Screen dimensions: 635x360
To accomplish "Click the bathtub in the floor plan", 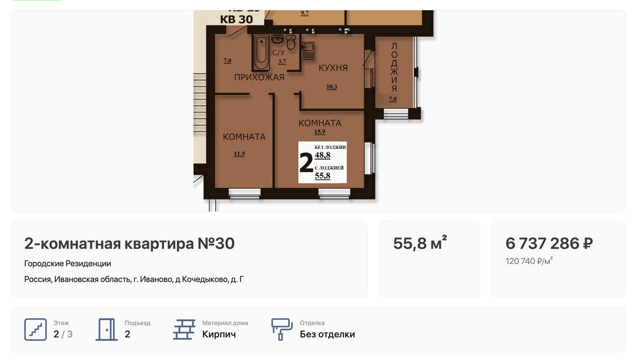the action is click(261, 52).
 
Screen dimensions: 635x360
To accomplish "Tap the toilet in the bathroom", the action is click(291, 42).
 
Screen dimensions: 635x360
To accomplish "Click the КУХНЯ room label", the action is click(333, 68).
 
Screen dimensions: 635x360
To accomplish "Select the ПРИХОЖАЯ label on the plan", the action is click(259, 77).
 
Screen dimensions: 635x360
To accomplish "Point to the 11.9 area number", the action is click(239, 154).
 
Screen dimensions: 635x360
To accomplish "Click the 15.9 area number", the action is click(319, 131).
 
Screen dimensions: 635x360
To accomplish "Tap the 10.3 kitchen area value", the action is click(332, 87).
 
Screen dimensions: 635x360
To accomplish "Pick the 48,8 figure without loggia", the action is click(322, 155).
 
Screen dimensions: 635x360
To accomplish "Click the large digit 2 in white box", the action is click(306, 163).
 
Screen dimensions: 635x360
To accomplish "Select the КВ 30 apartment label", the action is click(237, 19).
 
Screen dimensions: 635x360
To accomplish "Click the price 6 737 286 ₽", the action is click(549, 243).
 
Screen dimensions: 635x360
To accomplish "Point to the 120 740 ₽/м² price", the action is click(529, 261).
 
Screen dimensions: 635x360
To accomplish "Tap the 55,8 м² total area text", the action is click(420, 242).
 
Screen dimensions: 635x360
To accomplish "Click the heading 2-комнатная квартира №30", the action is click(129, 243).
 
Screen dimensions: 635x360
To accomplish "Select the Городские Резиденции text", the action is click(67, 264).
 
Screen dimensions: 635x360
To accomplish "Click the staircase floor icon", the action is click(35, 329).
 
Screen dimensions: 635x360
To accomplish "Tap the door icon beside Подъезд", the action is click(107, 329).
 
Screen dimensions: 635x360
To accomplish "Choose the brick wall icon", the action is click(184, 329).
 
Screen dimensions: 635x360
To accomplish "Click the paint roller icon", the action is click(282, 329).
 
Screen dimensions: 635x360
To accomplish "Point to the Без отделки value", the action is click(327, 334).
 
